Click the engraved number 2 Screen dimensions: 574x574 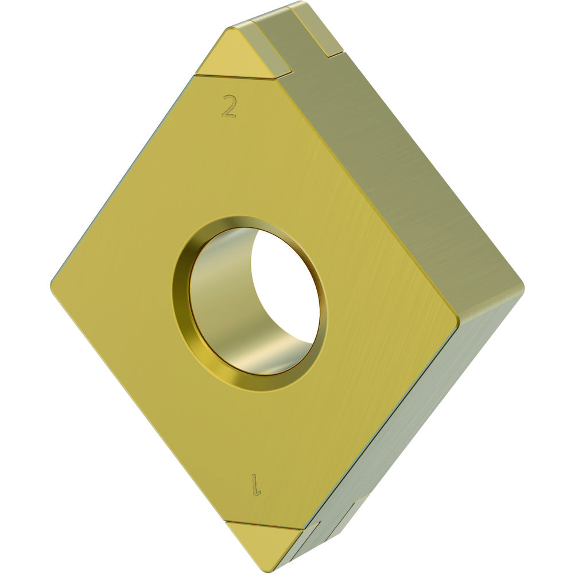(229, 106)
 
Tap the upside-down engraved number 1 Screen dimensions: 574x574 (256, 485)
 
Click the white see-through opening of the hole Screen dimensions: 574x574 (285, 289)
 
